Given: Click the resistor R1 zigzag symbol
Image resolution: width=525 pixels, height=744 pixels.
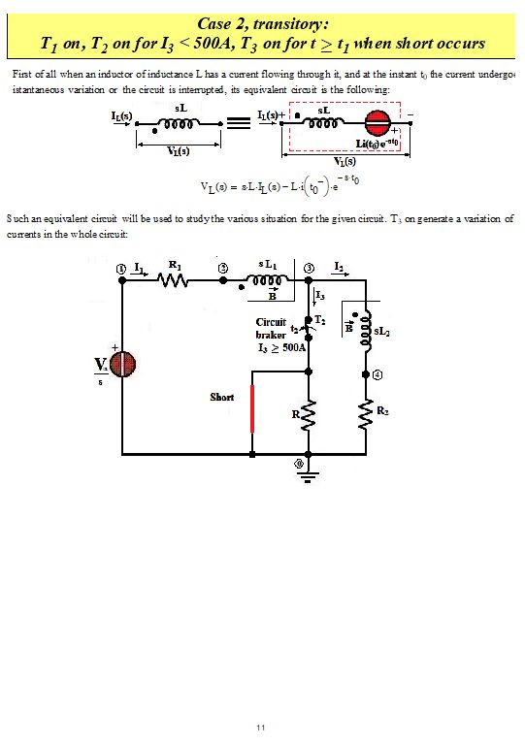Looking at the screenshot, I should coord(175,280).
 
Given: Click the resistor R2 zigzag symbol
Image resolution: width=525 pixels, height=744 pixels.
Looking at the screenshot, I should coord(365,414).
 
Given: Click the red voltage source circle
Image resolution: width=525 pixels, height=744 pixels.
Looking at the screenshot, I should coord(122,364).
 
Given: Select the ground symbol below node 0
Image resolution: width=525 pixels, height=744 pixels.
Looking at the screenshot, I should coord(309,475).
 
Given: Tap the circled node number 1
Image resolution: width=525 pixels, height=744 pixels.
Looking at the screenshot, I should coord(121,266).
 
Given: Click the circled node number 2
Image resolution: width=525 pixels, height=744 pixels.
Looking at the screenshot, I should coord(222,267).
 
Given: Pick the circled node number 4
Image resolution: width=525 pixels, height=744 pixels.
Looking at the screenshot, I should coord(377,373).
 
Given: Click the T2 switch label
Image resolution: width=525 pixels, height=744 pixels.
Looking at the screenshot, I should coord(320,319).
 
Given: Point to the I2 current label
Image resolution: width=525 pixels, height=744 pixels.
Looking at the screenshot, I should coord(337,265).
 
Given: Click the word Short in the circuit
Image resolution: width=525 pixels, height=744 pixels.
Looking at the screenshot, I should coord(222,398).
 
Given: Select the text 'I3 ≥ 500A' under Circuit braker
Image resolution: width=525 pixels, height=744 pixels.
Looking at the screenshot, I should coord(281,346).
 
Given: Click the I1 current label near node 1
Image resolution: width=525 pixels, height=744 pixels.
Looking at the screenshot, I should coord(140,265).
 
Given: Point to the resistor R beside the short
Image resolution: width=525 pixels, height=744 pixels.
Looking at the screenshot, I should coord(309,415).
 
